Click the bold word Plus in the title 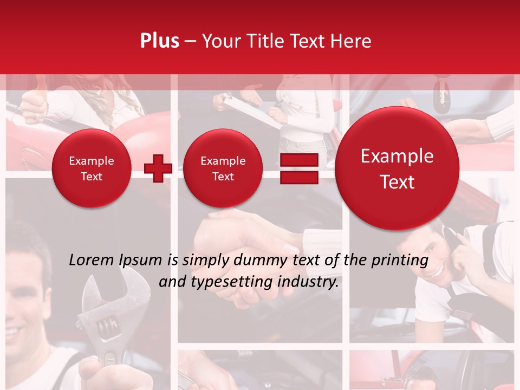point(159,41)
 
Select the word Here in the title point(351,41)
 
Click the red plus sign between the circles point(158,168)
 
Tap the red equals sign point(299,168)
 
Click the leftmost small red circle point(92,168)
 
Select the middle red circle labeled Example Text point(223,168)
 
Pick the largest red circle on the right point(397,168)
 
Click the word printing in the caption point(401,260)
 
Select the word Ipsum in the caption point(142,260)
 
